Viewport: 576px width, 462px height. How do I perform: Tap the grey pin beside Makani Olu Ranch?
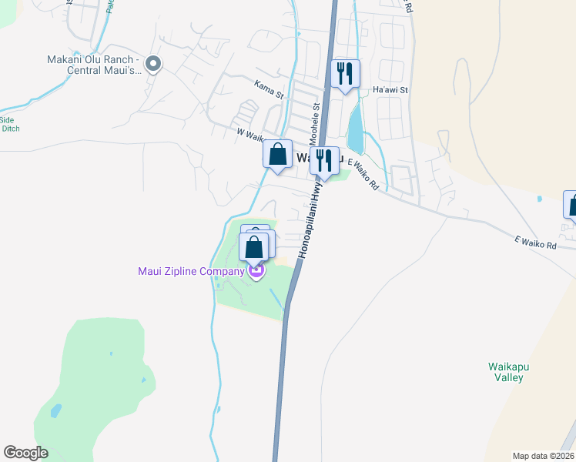pyautogui.click(x=153, y=65)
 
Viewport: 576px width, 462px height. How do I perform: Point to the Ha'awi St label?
pyautogui.click(x=390, y=90)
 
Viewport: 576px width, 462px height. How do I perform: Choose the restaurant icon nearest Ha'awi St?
pyautogui.click(x=345, y=74)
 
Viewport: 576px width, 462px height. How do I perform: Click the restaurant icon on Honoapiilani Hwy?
pyautogui.click(x=324, y=161)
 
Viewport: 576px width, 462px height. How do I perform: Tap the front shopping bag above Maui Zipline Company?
pyautogui.click(x=255, y=248)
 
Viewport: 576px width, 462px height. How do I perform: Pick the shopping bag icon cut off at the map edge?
pyautogui.click(x=571, y=206)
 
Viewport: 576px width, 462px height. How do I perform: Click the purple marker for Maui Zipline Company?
pyautogui.click(x=256, y=272)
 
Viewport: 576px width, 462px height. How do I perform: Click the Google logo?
pyautogui.click(x=25, y=453)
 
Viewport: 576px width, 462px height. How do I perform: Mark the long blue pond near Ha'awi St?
pyautogui.click(x=355, y=128)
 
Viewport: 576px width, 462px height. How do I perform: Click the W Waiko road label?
pyautogui.click(x=251, y=133)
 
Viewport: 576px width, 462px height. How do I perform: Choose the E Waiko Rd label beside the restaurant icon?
pyautogui.click(x=364, y=174)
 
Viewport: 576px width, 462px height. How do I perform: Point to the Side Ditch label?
pyautogui.click(x=9, y=124)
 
